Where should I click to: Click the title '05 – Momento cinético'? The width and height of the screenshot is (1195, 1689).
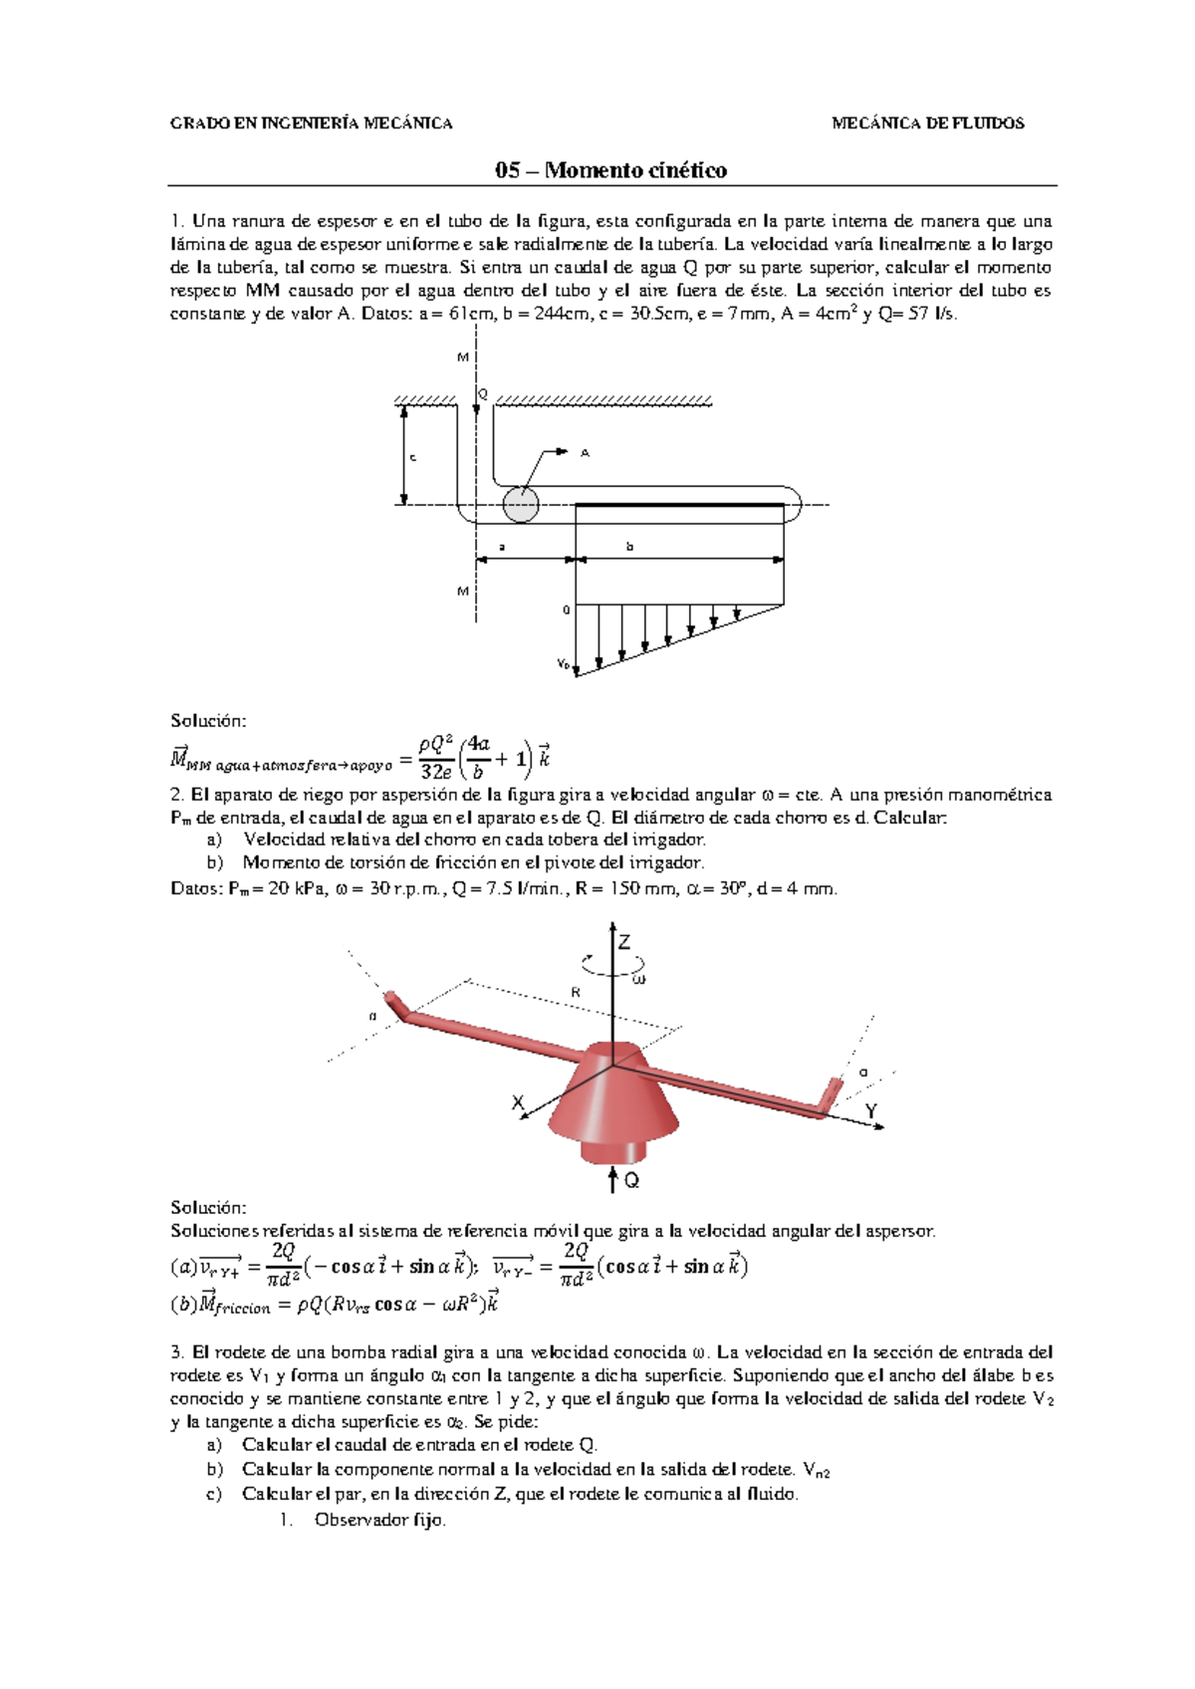(x=610, y=170)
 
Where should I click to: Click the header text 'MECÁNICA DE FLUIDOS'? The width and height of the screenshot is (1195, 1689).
(x=927, y=123)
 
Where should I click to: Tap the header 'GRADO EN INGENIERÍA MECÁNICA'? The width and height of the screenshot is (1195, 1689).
(x=312, y=123)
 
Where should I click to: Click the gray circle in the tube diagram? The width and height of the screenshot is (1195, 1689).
(x=520, y=504)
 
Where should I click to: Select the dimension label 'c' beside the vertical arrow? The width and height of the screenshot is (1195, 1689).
(x=412, y=457)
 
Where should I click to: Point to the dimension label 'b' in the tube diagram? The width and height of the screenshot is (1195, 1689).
(x=629, y=546)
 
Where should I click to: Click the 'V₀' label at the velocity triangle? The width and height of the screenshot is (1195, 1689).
(x=564, y=664)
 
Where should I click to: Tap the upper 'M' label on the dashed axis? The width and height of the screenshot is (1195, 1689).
(x=462, y=357)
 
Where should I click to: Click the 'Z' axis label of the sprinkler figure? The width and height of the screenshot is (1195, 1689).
(x=624, y=942)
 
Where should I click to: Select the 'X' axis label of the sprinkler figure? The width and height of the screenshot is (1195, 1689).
(x=518, y=1103)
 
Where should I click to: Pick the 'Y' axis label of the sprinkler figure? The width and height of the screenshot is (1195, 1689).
(x=871, y=1110)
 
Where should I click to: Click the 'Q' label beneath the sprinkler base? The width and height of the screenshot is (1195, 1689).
(x=631, y=1181)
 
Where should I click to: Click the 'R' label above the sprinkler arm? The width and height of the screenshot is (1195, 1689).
(x=576, y=992)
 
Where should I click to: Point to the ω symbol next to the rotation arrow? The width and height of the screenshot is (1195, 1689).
(x=639, y=979)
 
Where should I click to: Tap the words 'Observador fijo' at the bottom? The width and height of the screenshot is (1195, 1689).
(x=379, y=1520)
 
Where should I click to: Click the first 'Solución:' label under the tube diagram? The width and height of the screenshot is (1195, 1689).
(x=207, y=720)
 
